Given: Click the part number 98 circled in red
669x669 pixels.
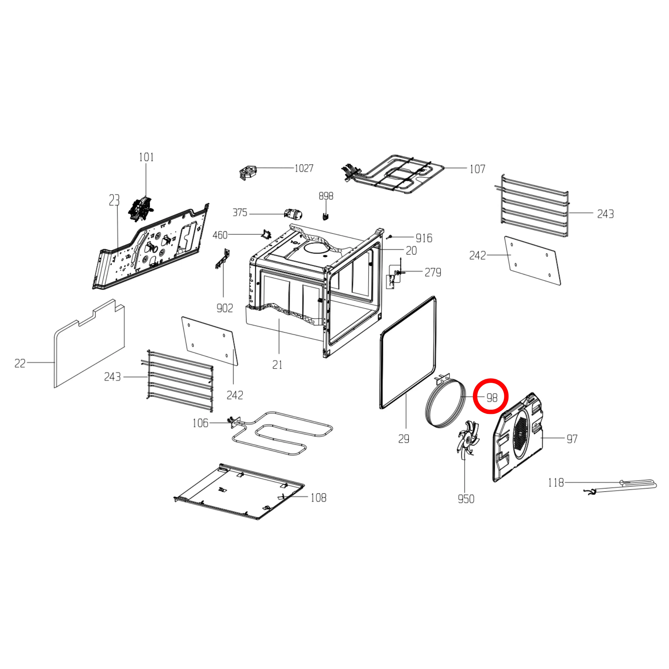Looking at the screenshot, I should [x=492, y=398].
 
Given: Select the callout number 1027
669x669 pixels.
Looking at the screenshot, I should [x=304, y=168].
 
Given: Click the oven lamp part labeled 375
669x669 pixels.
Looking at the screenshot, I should [x=293, y=214].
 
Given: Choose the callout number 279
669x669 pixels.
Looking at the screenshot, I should [x=433, y=272].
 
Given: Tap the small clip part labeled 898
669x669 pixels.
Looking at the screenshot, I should [x=325, y=216].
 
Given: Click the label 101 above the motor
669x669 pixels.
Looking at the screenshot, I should [x=146, y=157].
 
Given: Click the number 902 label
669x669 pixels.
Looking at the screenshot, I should [x=224, y=308].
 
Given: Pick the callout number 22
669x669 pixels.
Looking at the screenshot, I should [x=20, y=363].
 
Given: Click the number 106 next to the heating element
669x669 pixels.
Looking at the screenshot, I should [x=200, y=423].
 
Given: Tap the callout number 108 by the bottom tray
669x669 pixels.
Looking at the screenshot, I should [x=318, y=498].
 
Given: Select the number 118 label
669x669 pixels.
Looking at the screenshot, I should [x=556, y=482].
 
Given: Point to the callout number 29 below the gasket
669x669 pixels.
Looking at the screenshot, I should [x=404, y=439].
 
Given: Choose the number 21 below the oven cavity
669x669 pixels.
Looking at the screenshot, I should [x=277, y=365].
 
